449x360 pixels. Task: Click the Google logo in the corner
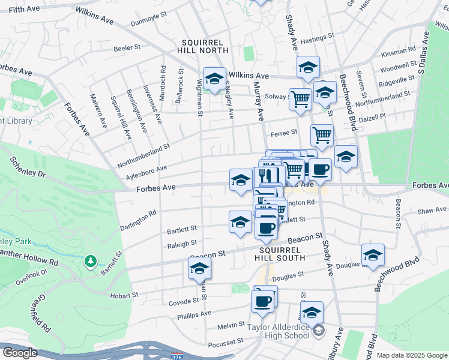pyautogui.click(x=20, y=353)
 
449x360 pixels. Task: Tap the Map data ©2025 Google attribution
pyautogui.click(x=412, y=355)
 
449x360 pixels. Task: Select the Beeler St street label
pyautogui.click(x=127, y=47)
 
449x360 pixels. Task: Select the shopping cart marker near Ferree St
pyautogui.click(x=322, y=135)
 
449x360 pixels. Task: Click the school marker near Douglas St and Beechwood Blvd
pyautogui.click(x=373, y=255)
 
